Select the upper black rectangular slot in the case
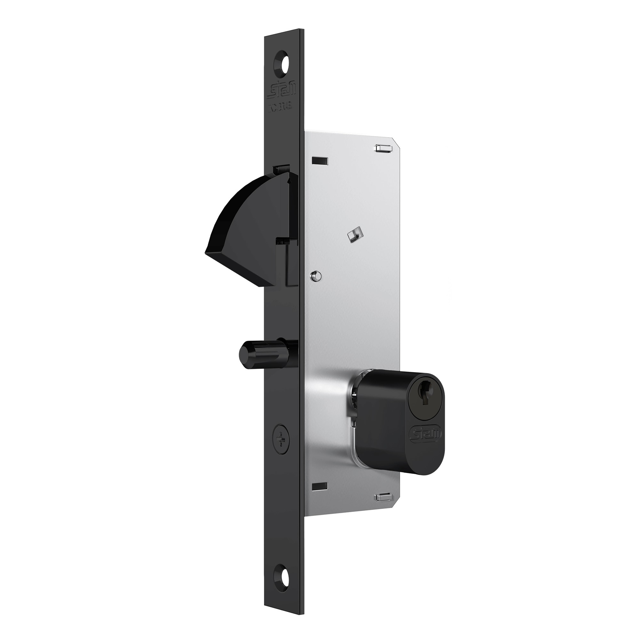click(320, 161)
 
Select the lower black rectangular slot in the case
click(320, 487)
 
